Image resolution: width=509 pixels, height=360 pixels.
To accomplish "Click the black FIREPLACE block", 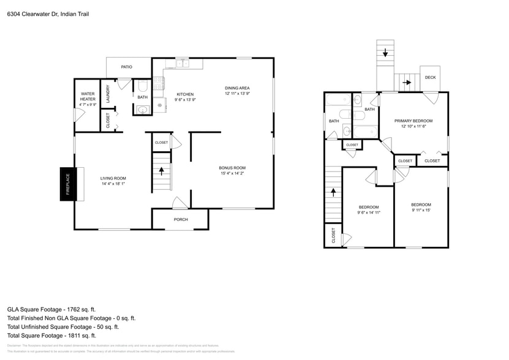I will pyautogui.click(x=67, y=184).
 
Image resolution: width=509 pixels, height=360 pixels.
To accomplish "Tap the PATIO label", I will pyautogui.click(x=126, y=67).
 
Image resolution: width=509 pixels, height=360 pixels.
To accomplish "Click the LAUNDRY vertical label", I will pyautogui.click(x=108, y=93).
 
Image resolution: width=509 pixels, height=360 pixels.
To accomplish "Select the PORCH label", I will pyautogui.click(x=181, y=219).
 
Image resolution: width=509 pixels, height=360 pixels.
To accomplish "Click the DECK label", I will pyautogui.click(x=430, y=77).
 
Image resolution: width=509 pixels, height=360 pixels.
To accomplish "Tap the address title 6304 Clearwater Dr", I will pyautogui.click(x=48, y=13).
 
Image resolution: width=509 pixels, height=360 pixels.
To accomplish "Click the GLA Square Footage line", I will pyautogui.click(x=51, y=310).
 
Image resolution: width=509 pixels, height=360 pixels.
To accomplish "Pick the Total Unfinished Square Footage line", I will pyautogui.click(x=67, y=327).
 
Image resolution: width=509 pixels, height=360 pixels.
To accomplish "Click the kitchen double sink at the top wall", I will pyautogui.click(x=182, y=63).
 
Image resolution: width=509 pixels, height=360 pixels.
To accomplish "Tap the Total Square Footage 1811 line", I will pyautogui.click(x=51, y=336).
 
